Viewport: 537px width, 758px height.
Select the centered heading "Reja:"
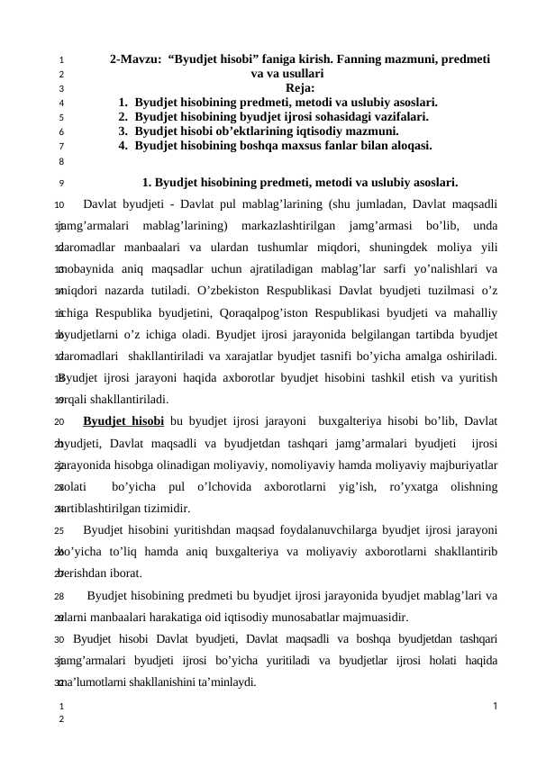coord(300,88)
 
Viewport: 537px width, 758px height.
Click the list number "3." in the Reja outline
coord(123,130)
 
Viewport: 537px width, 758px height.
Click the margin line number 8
coord(59,162)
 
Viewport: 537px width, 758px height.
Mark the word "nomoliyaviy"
coord(255,464)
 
